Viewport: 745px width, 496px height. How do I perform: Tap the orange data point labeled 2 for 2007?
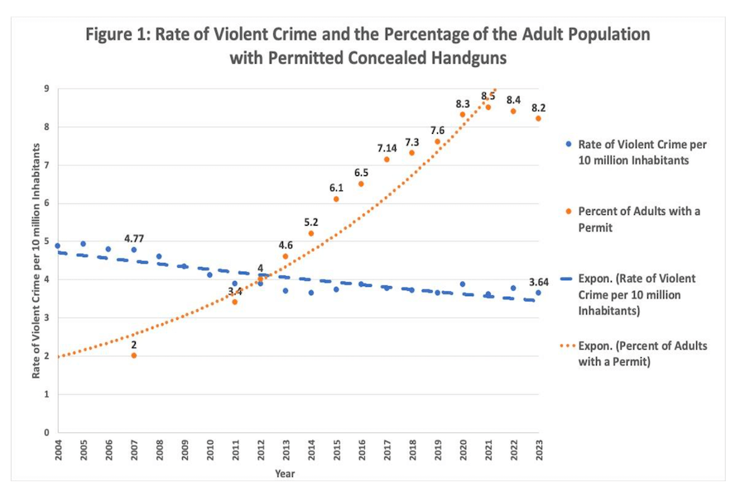[134, 355]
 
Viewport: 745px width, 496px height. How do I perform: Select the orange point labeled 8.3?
[463, 114]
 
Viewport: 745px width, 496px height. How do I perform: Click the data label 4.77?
[135, 238]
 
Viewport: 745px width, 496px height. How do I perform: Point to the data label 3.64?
[539, 282]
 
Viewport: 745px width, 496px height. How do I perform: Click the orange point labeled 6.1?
[336, 199]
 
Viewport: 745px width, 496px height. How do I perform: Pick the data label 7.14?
[387, 148]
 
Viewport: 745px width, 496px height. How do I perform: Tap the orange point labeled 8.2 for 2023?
[539, 118]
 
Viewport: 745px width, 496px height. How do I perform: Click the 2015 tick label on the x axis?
[336, 452]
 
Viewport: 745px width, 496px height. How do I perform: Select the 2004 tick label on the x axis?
[58, 452]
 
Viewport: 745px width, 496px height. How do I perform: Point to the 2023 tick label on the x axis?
[539, 452]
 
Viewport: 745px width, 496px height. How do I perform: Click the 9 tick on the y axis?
[46, 88]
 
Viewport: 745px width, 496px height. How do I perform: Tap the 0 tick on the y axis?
[46, 432]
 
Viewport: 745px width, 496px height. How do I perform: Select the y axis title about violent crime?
[36, 260]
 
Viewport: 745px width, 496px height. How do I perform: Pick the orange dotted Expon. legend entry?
[637, 353]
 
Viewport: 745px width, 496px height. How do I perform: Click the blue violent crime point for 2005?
[83, 244]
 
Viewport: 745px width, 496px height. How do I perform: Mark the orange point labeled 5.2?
[311, 233]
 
